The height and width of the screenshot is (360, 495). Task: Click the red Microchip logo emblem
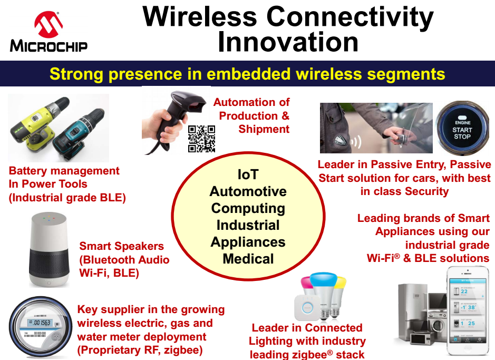[x=48, y=24]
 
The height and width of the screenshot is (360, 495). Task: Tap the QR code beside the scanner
[x=201, y=139]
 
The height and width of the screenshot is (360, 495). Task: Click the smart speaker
[x=49, y=249]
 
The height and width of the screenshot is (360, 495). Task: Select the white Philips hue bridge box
[x=307, y=307]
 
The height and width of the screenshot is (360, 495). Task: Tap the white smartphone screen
[x=468, y=311]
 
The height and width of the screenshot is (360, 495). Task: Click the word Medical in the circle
[x=248, y=259]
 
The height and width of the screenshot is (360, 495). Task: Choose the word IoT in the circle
[x=248, y=174]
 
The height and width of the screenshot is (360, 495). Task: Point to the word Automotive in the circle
[x=248, y=191]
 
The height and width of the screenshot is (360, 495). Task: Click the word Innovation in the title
[x=288, y=42]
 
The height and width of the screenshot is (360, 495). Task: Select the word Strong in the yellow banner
[x=76, y=74]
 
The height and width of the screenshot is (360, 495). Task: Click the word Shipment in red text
[x=264, y=129]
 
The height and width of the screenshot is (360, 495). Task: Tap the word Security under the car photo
[x=426, y=191]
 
